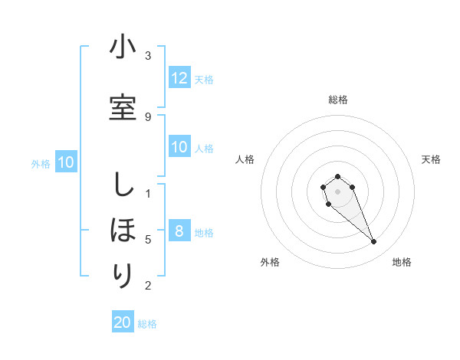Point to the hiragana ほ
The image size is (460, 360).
tap(123, 229)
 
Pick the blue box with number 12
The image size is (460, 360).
tap(179, 79)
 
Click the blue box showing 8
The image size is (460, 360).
tap(179, 232)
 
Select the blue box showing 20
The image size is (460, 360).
tap(123, 323)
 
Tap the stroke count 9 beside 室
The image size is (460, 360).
tap(148, 116)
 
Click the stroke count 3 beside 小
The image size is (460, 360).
tap(148, 56)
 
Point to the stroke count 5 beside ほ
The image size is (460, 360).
tap(148, 240)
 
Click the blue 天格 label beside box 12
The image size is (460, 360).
tap(204, 80)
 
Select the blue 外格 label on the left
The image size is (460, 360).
tap(41, 163)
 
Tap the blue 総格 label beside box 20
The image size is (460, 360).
tap(147, 324)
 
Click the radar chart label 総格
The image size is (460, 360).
tap(338, 100)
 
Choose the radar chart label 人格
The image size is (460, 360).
tap(245, 159)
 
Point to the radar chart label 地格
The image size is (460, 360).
tap(402, 262)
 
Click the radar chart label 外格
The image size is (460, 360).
tap(270, 262)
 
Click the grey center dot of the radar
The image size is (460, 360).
tap(338, 191)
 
